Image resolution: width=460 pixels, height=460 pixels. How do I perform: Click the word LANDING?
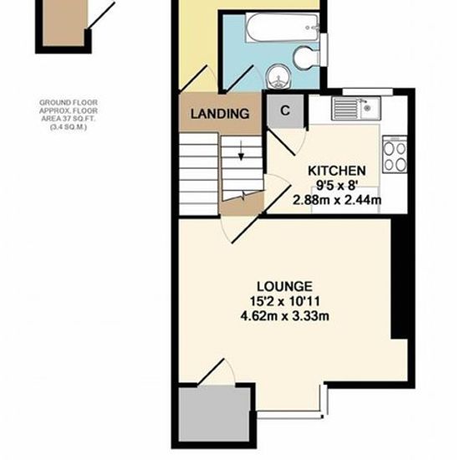220,114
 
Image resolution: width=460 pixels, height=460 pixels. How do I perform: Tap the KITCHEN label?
337,171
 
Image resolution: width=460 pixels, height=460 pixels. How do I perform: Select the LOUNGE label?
284,286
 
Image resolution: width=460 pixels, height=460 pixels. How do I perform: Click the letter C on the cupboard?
285,110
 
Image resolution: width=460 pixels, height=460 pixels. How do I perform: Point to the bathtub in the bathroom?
282,27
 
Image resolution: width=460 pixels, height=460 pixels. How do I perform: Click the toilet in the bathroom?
306,58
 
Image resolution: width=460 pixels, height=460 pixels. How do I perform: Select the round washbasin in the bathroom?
279,76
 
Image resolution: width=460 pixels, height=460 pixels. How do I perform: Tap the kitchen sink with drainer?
356,108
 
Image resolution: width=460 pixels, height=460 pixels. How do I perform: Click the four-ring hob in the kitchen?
395,155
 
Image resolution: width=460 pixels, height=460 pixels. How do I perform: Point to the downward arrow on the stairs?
241,151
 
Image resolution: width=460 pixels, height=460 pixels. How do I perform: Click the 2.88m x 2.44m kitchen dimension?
337,201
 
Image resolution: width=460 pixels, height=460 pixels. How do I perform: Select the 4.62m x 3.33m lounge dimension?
284,316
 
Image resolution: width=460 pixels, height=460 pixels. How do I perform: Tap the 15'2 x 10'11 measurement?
284,301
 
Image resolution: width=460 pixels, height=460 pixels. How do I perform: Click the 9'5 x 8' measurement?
337,186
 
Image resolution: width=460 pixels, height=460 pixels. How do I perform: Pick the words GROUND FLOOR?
69,103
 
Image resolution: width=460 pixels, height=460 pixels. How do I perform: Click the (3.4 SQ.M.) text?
69,127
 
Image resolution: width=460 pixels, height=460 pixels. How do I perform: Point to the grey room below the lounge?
215,414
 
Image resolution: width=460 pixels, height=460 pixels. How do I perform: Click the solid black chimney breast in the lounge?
399,278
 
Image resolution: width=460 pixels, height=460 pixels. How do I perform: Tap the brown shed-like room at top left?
65,23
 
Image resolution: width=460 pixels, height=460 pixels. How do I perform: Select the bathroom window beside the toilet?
324,49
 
